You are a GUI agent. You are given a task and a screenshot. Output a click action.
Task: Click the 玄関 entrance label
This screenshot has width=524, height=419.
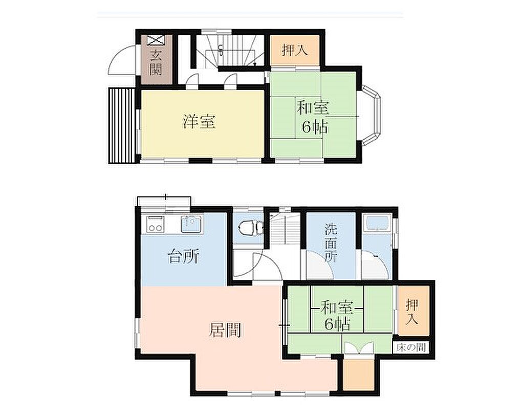pos(156,62)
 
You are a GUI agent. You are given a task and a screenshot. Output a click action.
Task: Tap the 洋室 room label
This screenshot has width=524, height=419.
pos(199,122)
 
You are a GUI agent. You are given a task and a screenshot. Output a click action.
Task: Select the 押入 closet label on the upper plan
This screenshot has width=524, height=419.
pos(294,51)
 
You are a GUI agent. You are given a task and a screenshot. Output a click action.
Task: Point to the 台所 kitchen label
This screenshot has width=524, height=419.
pos(184,257)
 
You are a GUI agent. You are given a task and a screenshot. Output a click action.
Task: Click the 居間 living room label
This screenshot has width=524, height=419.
pos(226,330)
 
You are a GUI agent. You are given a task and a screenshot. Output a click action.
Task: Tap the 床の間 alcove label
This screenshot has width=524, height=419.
pos(411,347)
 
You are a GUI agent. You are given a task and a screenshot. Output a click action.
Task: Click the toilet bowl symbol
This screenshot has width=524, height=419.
pos(249,228)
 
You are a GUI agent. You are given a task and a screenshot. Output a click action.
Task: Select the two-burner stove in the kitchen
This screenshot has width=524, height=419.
pos(156,224)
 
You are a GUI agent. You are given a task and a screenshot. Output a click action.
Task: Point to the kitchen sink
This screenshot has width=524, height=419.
pos(191,224)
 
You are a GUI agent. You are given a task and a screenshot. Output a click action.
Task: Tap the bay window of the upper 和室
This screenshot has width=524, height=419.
pos(372,116)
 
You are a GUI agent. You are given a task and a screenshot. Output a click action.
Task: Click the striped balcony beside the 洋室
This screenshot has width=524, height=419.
pos(122,125)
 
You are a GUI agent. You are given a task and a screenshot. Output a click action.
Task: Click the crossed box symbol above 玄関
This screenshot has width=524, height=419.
pos(156,40)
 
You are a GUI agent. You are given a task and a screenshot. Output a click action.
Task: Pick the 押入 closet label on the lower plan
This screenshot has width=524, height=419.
pos(412,312)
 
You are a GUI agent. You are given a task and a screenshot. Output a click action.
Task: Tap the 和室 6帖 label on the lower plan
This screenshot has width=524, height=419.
pos(337,316)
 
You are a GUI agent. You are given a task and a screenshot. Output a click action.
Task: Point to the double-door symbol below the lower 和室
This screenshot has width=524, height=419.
pos(358,348)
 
